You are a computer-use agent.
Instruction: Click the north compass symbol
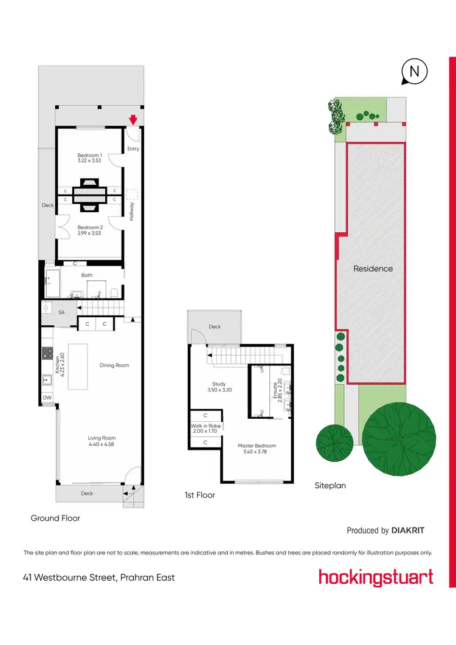coord(414,71)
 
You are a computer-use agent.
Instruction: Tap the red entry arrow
coord(133,120)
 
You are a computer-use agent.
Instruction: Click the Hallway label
coord(131,211)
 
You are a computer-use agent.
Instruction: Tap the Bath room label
coord(87,275)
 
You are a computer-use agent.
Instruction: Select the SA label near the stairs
coord(61,312)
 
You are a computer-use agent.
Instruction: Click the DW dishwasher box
coord(47,398)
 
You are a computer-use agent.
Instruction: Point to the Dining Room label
coord(114,365)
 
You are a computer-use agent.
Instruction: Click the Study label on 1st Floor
coord(219,384)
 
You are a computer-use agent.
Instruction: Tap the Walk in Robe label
coord(206,426)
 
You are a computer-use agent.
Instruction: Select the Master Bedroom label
coord(257,446)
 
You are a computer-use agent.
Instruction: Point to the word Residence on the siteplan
coord(373,268)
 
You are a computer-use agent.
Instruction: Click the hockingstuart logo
coord(376,576)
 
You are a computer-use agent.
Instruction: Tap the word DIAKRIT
coord(408,530)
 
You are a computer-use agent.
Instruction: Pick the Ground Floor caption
coord(55,519)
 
